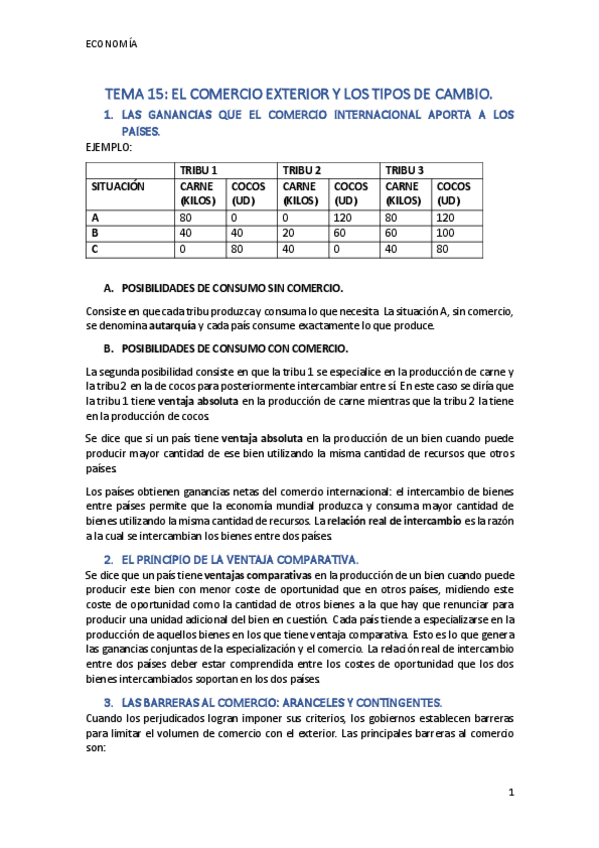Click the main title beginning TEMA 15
[299, 94]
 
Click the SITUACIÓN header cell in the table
[118, 187]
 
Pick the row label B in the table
[95, 232]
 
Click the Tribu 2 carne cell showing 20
[288, 232]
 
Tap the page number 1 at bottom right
[510, 793]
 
